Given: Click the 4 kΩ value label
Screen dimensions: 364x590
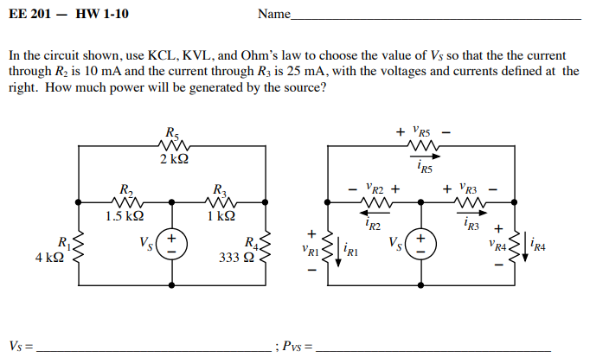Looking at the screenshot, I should pos(48,257).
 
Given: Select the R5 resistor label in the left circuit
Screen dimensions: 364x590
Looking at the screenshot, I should pos(173,133).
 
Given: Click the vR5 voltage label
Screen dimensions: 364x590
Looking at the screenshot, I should pos(424,132).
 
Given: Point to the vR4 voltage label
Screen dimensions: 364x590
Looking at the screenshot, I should pos(497,246).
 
